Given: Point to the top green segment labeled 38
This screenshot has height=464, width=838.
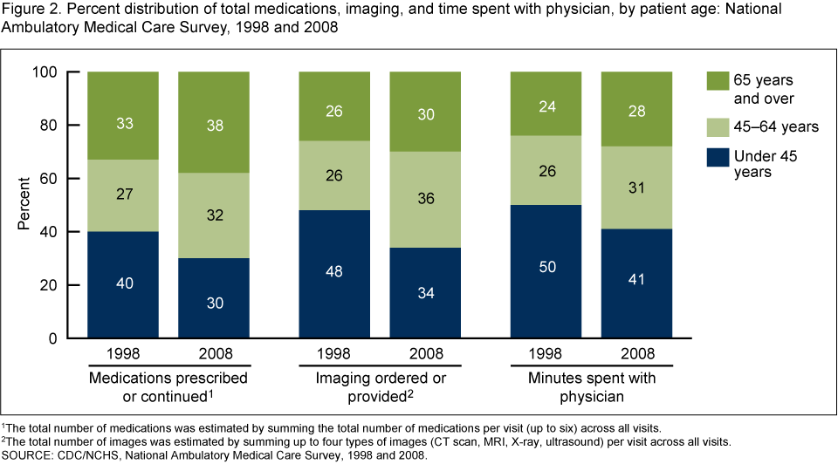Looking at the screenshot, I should point(213,125).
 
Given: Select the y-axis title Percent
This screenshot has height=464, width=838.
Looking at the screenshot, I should point(25,205).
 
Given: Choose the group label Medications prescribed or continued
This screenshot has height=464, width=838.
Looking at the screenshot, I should point(168,386).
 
